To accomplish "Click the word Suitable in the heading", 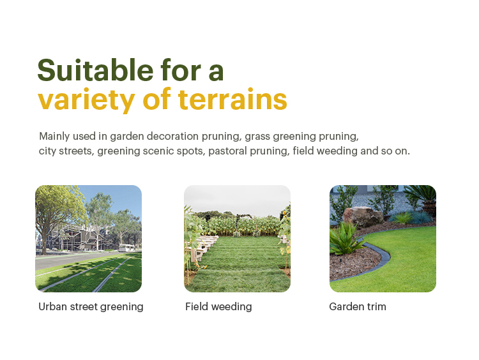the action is [x=95, y=70].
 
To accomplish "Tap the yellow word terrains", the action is [x=232, y=99].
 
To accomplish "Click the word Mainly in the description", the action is [x=54, y=137].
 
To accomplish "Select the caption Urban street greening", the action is [x=91, y=306].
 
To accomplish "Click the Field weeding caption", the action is [x=218, y=306].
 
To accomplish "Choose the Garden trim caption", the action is [x=358, y=306].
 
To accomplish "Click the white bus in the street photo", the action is [x=126, y=248].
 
